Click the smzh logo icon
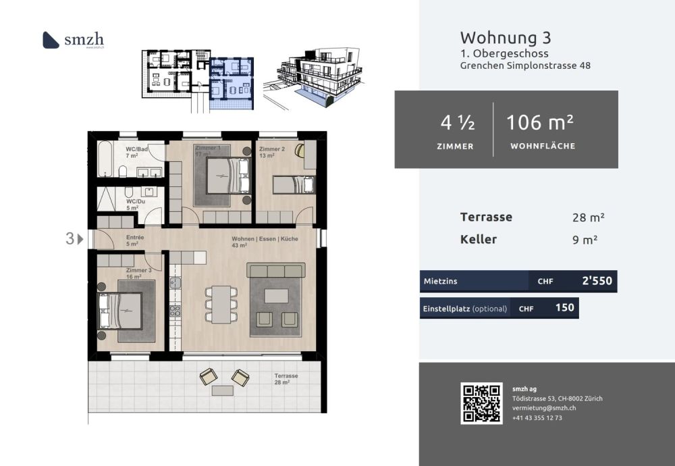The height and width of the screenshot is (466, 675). click(51, 40)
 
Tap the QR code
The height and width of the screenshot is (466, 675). click(481, 403)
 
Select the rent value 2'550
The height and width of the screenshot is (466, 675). click(596, 281)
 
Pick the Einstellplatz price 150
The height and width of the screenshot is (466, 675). click(564, 308)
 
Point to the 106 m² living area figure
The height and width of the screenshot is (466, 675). click(540, 122)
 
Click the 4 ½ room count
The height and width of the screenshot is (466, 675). click(457, 123)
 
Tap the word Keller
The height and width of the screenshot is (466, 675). click(479, 239)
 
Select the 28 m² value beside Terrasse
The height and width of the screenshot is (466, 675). click(587, 217)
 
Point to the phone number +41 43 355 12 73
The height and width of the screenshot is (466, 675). click(537, 418)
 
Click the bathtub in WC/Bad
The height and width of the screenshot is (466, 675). click(107, 159)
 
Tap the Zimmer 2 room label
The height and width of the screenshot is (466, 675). click(272, 148)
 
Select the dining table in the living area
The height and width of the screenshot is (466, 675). click(221, 304)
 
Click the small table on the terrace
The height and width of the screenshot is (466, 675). click(223, 390)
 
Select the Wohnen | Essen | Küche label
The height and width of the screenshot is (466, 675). click(265, 239)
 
